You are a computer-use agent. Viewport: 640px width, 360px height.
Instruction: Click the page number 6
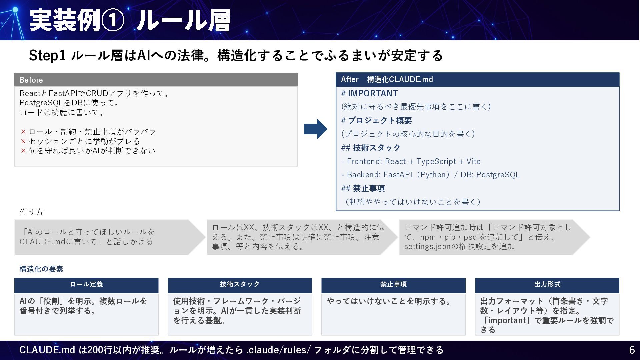point(632,350)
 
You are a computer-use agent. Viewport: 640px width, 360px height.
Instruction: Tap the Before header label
point(31,80)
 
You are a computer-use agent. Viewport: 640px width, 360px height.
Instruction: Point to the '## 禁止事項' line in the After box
point(363,188)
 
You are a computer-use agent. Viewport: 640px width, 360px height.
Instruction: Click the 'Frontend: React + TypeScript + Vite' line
point(413,161)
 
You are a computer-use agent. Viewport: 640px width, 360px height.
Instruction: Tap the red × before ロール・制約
point(23,132)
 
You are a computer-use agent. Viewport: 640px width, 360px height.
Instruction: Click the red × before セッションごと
point(23,141)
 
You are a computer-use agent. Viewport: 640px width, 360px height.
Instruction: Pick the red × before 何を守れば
point(23,151)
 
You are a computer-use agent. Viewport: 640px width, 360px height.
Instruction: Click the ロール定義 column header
point(86,284)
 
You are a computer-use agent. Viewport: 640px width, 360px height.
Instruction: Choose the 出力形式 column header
point(547,284)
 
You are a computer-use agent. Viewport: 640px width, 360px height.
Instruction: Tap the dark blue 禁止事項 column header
point(393,284)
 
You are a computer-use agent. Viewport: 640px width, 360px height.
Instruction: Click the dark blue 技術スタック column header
point(240,284)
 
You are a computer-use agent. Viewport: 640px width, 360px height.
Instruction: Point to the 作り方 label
point(31,212)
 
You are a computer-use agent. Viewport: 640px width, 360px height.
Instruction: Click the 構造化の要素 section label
point(41,269)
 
